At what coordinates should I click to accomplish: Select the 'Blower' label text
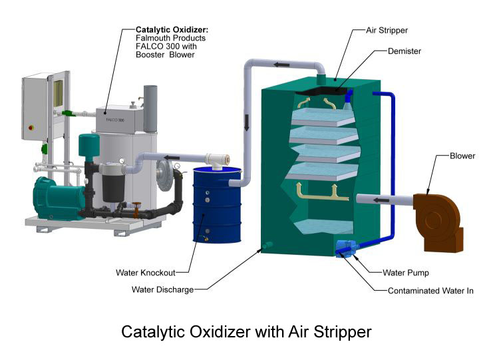pyautogui.click(x=462, y=156)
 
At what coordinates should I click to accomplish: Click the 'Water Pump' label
pyautogui.click(x=406, y=273)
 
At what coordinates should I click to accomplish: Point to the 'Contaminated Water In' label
pyautogui.click(x=430, y=291)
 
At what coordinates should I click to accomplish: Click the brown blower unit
pyautogui.click(x=438, y=220)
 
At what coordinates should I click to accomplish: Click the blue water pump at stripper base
pyautogui.click(x=346, y=248)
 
